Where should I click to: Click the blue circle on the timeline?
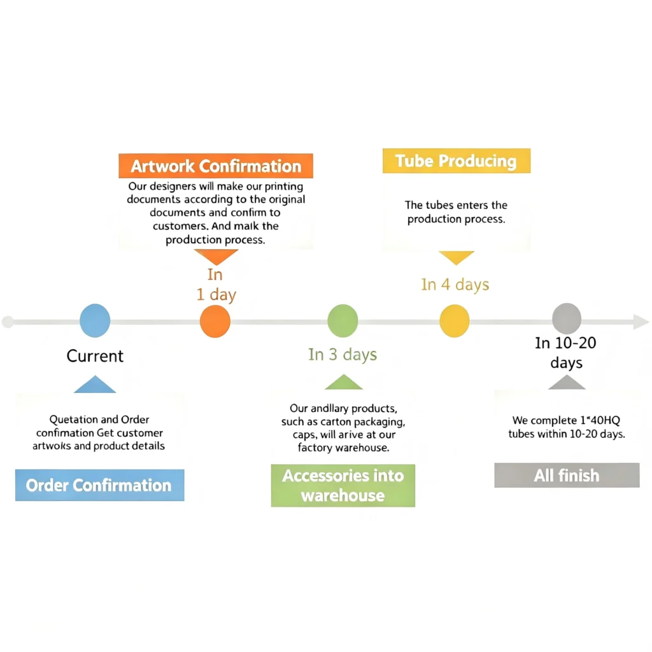[95, 321]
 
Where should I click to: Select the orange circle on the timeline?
[215, 322]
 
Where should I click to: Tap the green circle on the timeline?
[343, 321]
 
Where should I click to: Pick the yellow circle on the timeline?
[455, 321]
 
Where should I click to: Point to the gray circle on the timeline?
[567, 320]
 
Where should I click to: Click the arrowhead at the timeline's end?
[641, 322]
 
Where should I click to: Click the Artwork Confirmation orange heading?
[216, 166]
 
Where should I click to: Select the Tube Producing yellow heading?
[457, 160]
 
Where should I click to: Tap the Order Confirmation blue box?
[100, 485]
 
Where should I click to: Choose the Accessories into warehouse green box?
[343, 485]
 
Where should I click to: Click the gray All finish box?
[567, 475]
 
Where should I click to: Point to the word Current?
[95, 356]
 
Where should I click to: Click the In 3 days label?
[343, 354]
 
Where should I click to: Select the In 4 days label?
[455, 285]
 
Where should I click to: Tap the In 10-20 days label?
[566, 353]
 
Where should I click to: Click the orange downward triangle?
[216, 256]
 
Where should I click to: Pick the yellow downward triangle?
[456, 257]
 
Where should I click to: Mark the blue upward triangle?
[95, 385]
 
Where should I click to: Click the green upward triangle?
[343, 383]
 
